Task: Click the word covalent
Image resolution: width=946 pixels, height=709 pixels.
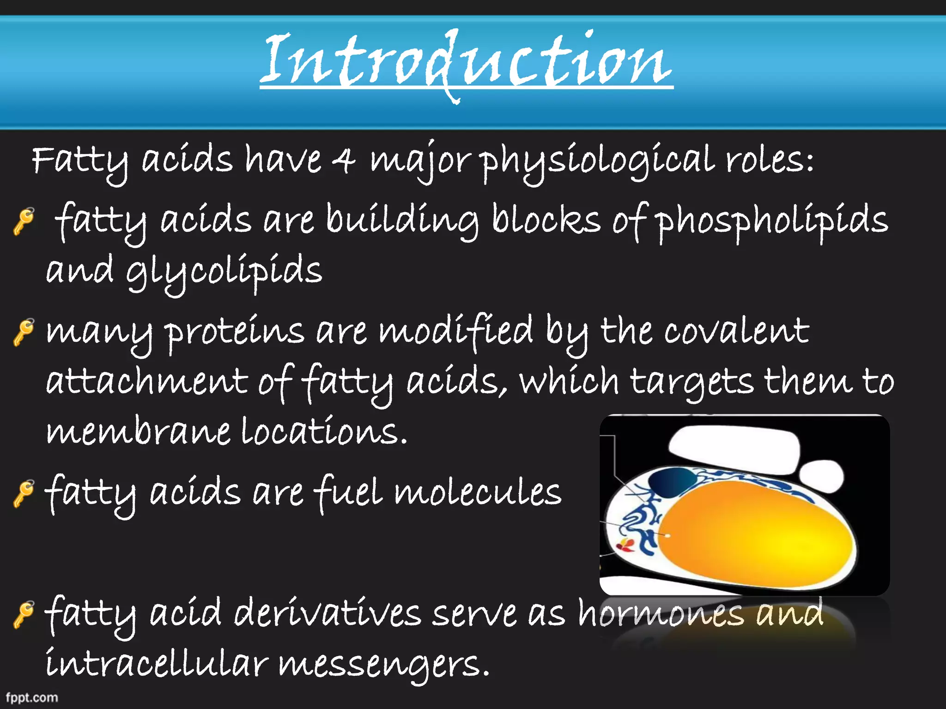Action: pyautogui.click(x=736, y=331)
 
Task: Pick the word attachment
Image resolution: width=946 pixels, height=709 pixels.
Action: pyautogui.click(x=147, y=382)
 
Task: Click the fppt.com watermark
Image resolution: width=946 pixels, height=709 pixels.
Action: pyautogui.click(x=31, y=697)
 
